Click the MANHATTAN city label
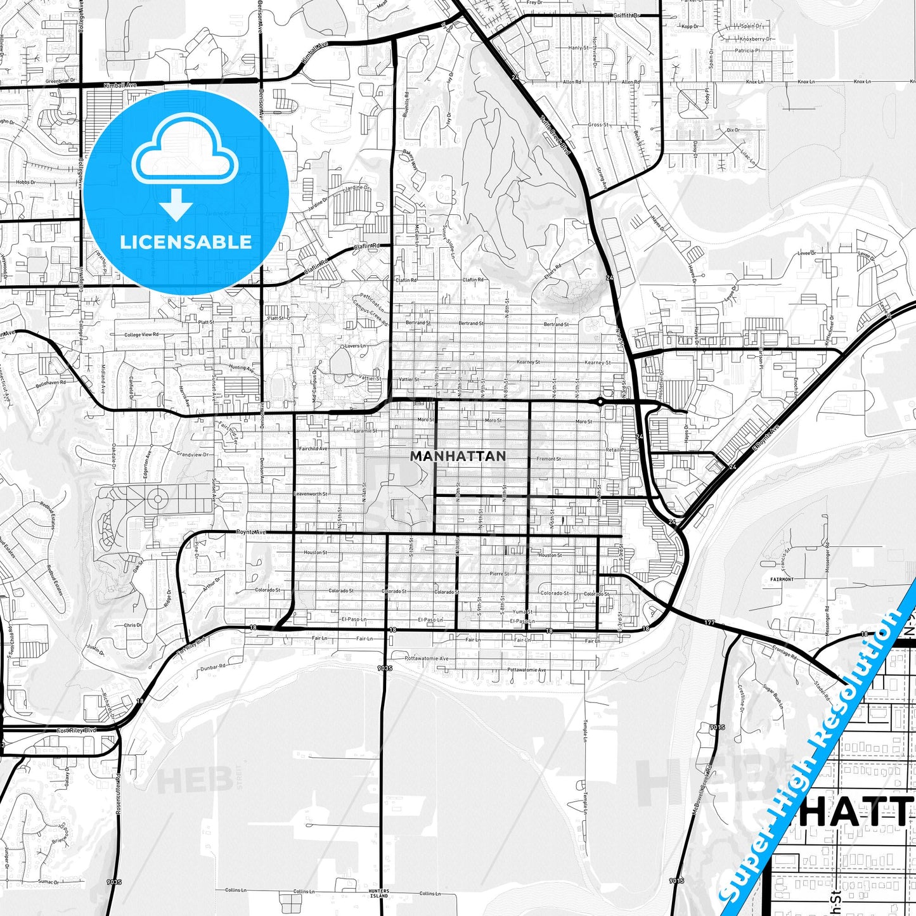point(458,456)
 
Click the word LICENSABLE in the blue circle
point(186,242)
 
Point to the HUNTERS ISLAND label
point(378,893)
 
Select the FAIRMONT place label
point(782,579)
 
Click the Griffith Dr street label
point(627,15)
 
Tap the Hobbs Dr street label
point(26,183)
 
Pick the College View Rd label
point(141,335)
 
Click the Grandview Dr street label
point(192,454)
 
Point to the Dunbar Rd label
point(212,667)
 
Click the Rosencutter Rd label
point(118,792)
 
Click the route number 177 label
point(709,622)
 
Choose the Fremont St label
point(548,459)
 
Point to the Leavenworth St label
point(311,494)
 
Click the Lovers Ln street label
point(355,346)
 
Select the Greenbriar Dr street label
point(60,81)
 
